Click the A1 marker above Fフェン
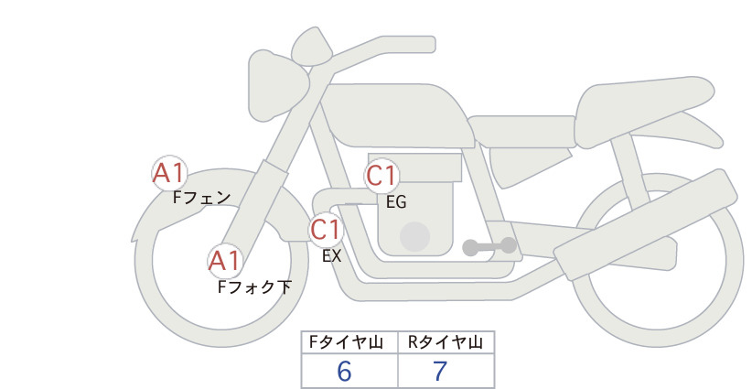pos(169,173)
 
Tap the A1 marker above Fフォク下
pos(225,262)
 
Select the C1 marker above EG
pos(381,176)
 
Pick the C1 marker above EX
pos(326,229)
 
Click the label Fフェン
pos(201,198)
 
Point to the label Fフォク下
pos(254,286)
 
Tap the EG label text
pos(396,202)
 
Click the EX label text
pos(332,256)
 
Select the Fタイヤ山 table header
pos(346,342)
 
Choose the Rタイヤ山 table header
pos(446,342)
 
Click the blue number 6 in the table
pos(344,372)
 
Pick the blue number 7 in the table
pos(440,372)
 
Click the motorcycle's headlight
pos(277,85)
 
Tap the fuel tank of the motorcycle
pos(395,115)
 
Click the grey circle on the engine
pos(414,236)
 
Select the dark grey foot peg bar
pos(489,246)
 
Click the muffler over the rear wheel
pos(646,225)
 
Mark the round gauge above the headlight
pos(311,47)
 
